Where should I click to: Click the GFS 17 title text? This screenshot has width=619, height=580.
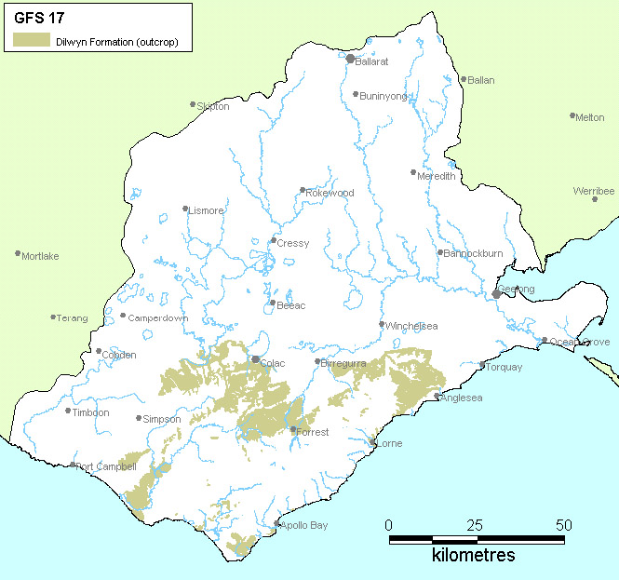pyautogui.click(x=39, y=17)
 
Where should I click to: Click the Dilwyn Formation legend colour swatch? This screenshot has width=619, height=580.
pyautogui.click(x=32, y=41)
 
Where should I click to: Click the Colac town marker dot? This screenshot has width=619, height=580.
pyautogui.click(x=256, y=358)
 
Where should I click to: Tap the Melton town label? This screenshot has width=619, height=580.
pyautogui.click(x=590, y=117)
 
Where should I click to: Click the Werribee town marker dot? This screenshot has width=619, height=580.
pyautogui.click(x=595, y=199)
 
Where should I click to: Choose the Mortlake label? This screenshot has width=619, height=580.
pyautogui.click(x=40, y=256)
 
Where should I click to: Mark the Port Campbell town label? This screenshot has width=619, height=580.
pyautogui.click(x=107, y=466)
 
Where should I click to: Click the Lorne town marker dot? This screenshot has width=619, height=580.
pyautogui.click(x=373, y=442)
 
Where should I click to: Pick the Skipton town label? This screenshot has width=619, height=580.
pyautogui.click(x=213, y=107)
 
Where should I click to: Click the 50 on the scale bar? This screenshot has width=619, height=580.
pyautogui.click(x=564, y=525)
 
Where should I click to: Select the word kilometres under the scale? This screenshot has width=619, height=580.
pyautogui.click(x=473, y=556)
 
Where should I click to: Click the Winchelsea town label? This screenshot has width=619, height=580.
pyautogui.click(x=411, y=326)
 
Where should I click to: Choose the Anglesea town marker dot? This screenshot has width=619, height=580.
pyautogui.click(x=437, y=397)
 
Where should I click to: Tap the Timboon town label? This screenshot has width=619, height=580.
pyautogui.click(x=91, y=412)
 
